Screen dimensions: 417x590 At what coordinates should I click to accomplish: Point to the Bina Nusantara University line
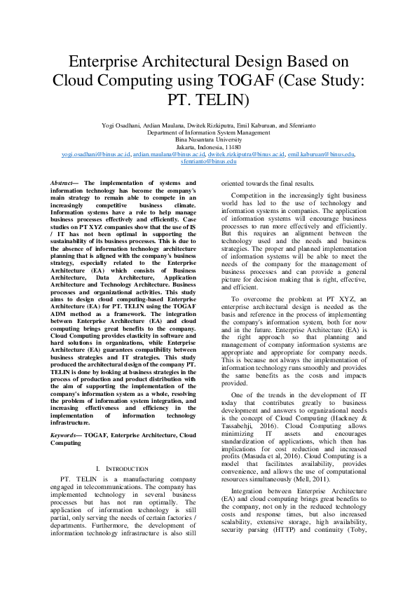[x=208, y=139]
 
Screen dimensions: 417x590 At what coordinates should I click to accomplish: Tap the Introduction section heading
[x=125, y=468]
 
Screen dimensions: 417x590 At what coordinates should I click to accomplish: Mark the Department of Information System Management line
[x=208, y=132]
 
